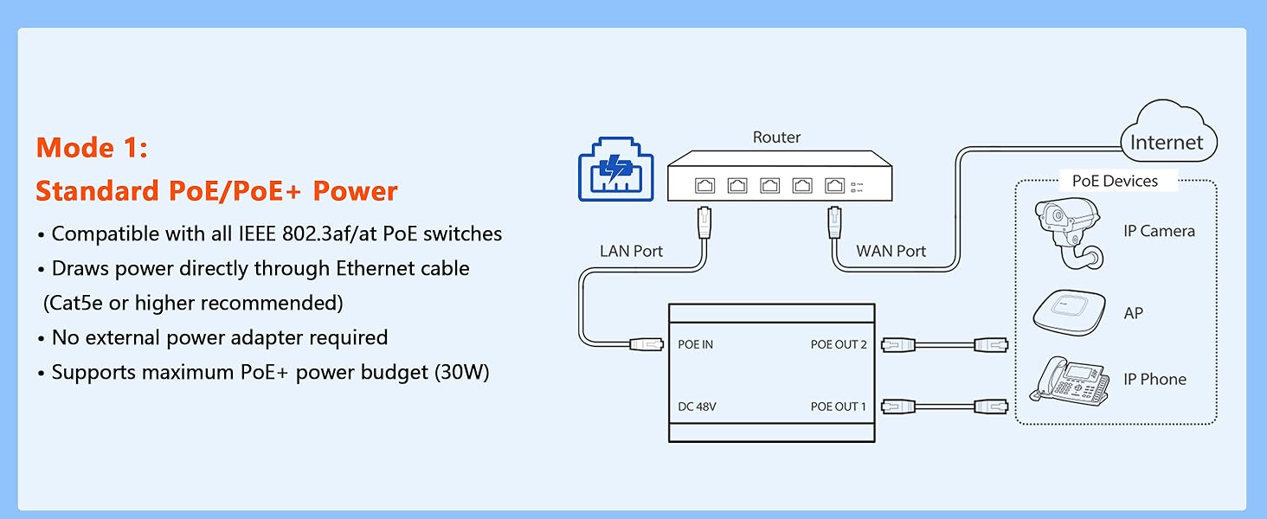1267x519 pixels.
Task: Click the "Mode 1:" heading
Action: (x=92, y=148)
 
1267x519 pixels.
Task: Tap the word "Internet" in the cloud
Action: (x=1167, y=143)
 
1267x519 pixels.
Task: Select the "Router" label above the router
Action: (x=776, y=138)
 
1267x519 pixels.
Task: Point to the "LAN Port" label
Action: (x=631, y=252)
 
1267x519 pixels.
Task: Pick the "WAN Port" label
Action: (x=891, y=252)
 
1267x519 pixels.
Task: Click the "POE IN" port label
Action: (x=696, y=344)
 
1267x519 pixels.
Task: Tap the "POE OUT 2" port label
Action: (x=838, y=344)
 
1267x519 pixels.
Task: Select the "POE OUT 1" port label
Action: (x=838, y=407)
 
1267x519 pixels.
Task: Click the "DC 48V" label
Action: (x=697, y=407)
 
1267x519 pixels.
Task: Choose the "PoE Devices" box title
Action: (x=1115, y=181)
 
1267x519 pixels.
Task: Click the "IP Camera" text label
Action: (x=1159, y=231)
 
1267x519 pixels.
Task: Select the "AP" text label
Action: (x=1133, y=314)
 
